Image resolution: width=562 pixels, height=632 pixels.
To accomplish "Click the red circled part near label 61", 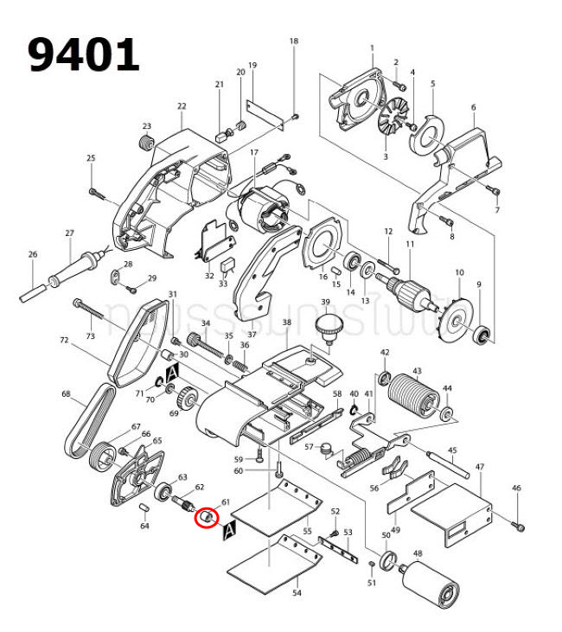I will (207, 517).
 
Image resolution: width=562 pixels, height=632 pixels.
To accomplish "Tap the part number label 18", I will (293, 41).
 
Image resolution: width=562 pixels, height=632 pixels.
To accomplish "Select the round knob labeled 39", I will (327, 328).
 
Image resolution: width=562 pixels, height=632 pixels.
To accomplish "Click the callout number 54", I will (297, 594).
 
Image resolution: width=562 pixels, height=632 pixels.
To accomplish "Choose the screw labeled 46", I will (519, 524).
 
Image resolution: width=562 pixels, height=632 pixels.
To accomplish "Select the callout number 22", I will (182, 106).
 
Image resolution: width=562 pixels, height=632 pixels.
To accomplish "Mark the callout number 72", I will (63, 342).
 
